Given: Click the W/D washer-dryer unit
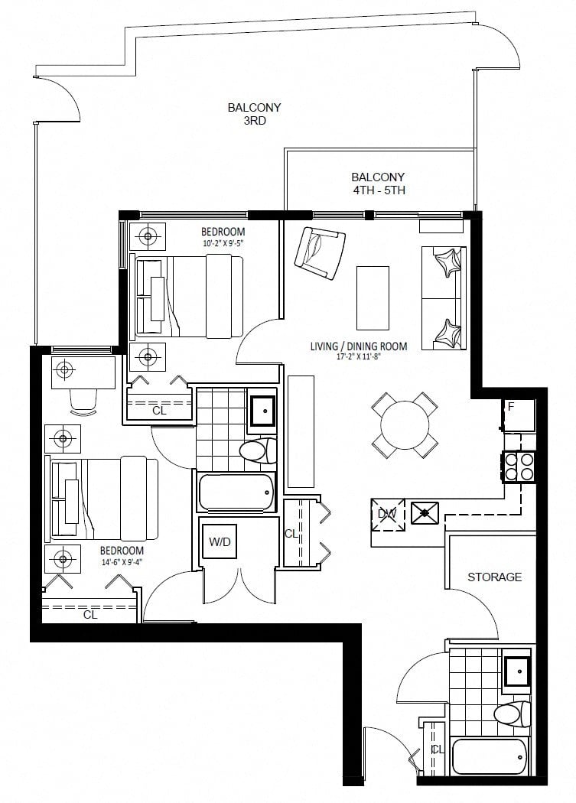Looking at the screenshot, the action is tap(220, 541).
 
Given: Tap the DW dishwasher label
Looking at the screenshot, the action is tap(387, 514).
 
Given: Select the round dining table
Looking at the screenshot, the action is tap(405, 425).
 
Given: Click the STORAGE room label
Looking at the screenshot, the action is tap(494, 577).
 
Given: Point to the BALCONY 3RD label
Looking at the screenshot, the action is tap(255, 114).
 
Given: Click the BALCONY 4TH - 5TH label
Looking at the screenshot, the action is tap(378, 184).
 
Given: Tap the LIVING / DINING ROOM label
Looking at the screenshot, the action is tap(359, 346).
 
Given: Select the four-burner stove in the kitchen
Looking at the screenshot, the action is tap(519, 467).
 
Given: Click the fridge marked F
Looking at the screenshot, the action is tap(519, 415).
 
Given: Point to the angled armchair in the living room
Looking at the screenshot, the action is tap(320, 252).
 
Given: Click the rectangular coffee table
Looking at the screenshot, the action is tap(373, 297).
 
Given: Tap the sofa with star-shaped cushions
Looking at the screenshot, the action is tap(444, 298).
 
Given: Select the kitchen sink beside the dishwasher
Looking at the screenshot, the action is tap(425, 512).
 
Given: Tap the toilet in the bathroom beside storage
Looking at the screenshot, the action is tap(513, 714).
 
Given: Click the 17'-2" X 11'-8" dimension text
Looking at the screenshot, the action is tap(359, 357).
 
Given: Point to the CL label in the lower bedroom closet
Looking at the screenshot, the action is tap(90, 614).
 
